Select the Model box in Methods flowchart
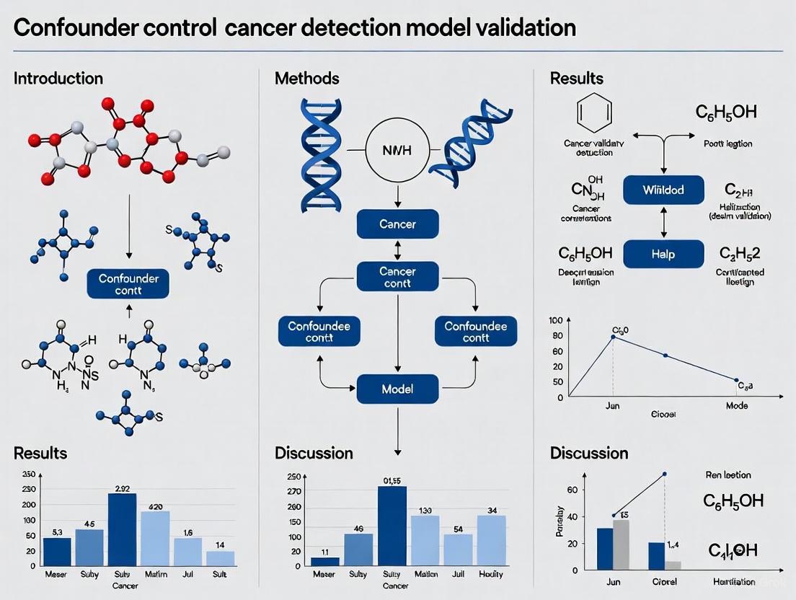[x=398, y=389]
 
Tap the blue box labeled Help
[x=663, y=255]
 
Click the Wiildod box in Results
[x=663, y=190]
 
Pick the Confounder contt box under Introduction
[x=128, y=284]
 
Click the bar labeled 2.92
[x=122, y=529]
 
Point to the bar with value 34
[x=491, y=541]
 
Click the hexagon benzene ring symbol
[x=595, y=112]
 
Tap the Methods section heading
[x=306, y=78]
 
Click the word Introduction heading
[x=58, y=78]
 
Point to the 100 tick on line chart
[x=555, y=320]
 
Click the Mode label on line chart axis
[x=736, y=406]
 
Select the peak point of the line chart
[x=614, y=337]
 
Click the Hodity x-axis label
[x=491, y=574]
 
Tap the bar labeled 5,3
[x=57, y=551]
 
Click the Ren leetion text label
[x=728, y=475]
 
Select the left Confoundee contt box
[x=319, y=332]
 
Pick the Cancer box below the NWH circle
[x=398, y=224]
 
